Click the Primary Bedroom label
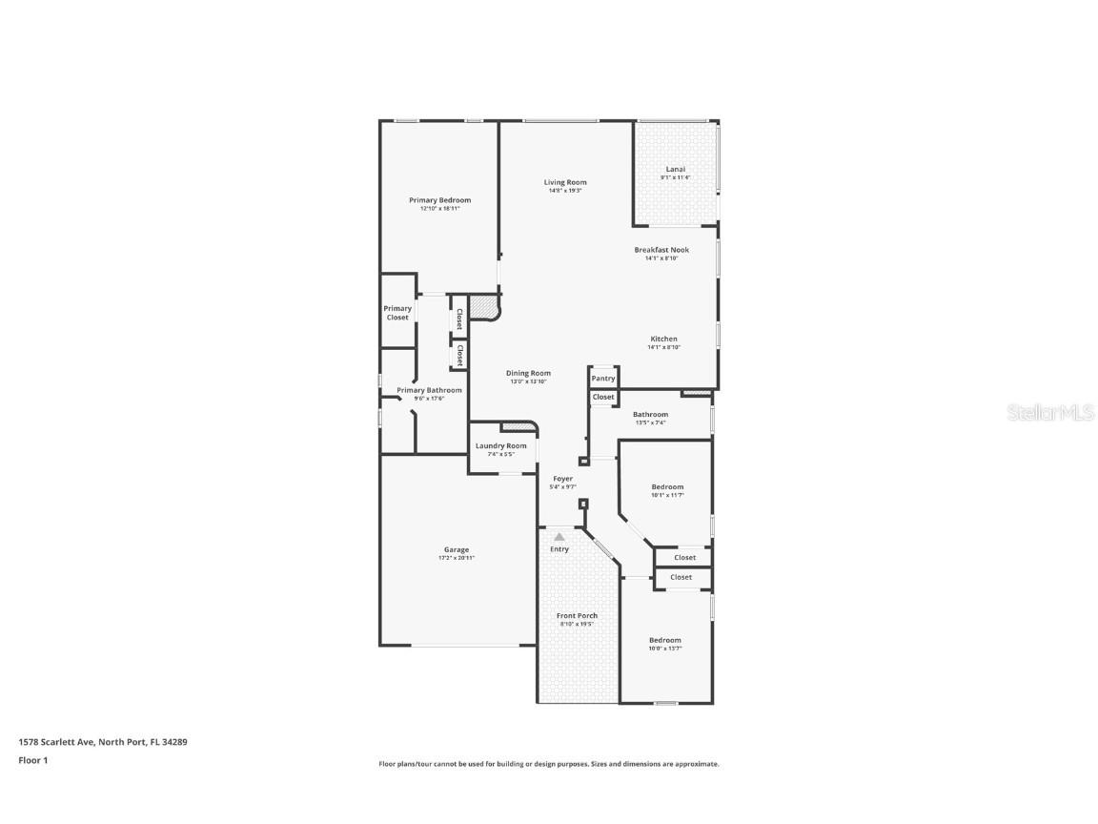point(439,200)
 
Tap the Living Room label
point(565,182)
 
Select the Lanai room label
point(675,170)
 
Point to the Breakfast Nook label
point(661,250)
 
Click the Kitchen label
point(663,340)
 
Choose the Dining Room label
point(528,374)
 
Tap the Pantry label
point(602,379)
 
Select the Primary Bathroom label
point(429,390)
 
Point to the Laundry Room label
point(500,446)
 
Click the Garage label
point(456,550)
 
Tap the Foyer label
point(562,479)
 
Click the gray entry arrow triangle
point(559,537)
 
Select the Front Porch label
point(577,616)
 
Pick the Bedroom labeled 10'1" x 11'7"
point(667,487)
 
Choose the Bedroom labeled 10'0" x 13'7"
point(664,640)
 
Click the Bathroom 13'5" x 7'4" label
point(650,415)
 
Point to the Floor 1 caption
point(32,760)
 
